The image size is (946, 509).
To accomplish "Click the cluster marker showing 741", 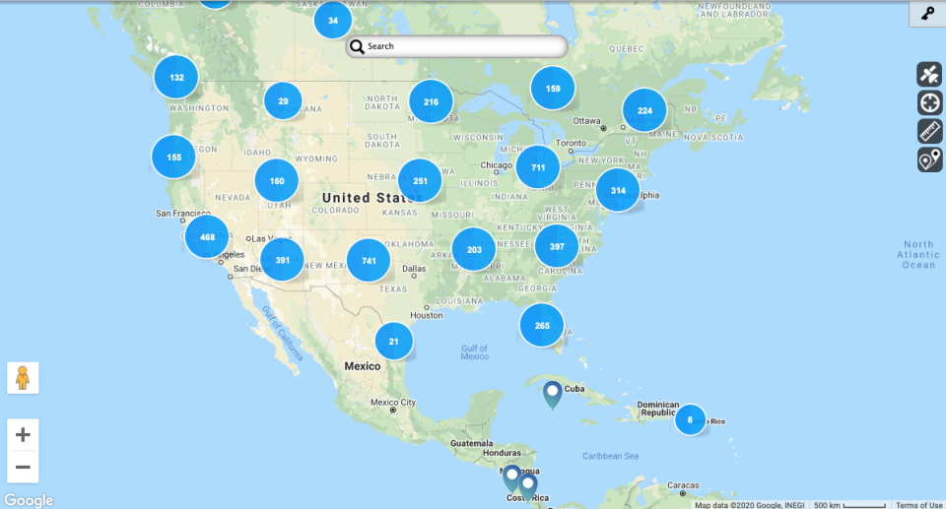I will (369, 260).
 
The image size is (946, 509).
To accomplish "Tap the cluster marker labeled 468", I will (207, 237).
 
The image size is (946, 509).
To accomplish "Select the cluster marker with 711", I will (538, 167).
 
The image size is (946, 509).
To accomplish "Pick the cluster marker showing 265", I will (542, 325).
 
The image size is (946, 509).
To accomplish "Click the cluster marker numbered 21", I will (394, 342).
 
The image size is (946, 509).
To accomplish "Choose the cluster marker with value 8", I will (690, 419).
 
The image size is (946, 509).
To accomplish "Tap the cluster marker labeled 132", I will (176, 77).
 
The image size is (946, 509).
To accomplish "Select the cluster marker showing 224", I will (644, 110).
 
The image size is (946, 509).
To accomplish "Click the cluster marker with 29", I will (283, 100).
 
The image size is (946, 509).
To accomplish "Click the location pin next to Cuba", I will (552, 394).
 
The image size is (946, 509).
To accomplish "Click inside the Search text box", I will (463, 46).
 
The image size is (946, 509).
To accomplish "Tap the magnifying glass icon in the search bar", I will (357, 46).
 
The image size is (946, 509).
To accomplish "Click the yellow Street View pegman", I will (23, 378).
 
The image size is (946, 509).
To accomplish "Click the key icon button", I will (927, 14).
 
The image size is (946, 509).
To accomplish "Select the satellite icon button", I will (930, 74).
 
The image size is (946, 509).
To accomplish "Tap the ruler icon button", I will (930, 131).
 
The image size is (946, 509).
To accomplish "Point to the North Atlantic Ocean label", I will (918, 254).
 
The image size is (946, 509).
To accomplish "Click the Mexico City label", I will (393, 403).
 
